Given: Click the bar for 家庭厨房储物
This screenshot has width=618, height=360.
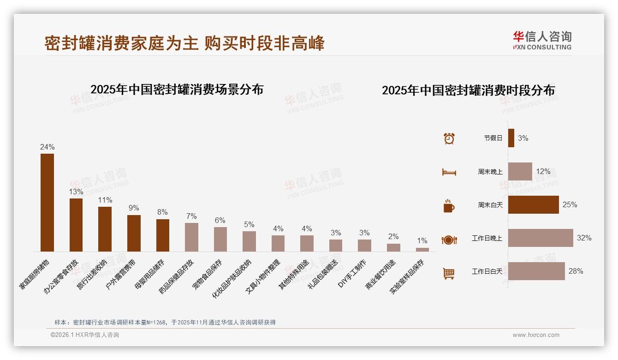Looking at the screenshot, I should [47, 203].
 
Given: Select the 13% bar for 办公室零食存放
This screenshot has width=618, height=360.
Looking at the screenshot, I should [76, 225].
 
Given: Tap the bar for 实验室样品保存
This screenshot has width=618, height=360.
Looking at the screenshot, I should [422, 250].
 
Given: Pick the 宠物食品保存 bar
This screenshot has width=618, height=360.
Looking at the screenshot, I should [220, 239].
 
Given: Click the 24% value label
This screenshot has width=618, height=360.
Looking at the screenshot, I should [47, 147].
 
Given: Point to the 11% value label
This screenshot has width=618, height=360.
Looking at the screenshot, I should [105, 200].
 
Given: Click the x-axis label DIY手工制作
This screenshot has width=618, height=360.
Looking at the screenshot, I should [353, 274].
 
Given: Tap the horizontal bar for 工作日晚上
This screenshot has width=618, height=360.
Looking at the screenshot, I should [541, 238].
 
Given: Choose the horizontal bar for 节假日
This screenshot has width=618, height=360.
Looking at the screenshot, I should [511, 138].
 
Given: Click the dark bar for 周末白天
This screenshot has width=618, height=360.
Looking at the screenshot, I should [533, 204].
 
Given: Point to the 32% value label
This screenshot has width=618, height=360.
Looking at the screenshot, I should [584, 238].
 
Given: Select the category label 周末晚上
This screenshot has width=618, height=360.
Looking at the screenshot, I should [490, 172].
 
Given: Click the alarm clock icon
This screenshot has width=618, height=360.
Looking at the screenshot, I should [449, 138].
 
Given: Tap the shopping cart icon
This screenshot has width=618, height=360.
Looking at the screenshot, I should [449, 274].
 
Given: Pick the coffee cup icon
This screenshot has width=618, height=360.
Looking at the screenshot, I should [449, 206].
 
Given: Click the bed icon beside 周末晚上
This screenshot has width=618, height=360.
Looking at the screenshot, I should [449, 172].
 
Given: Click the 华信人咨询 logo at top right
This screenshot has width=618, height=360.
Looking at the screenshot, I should [542, 40].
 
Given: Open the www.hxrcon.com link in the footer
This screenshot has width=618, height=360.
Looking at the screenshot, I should [536, 335].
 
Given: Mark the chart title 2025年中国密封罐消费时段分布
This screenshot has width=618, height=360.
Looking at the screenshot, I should [468, 90].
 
